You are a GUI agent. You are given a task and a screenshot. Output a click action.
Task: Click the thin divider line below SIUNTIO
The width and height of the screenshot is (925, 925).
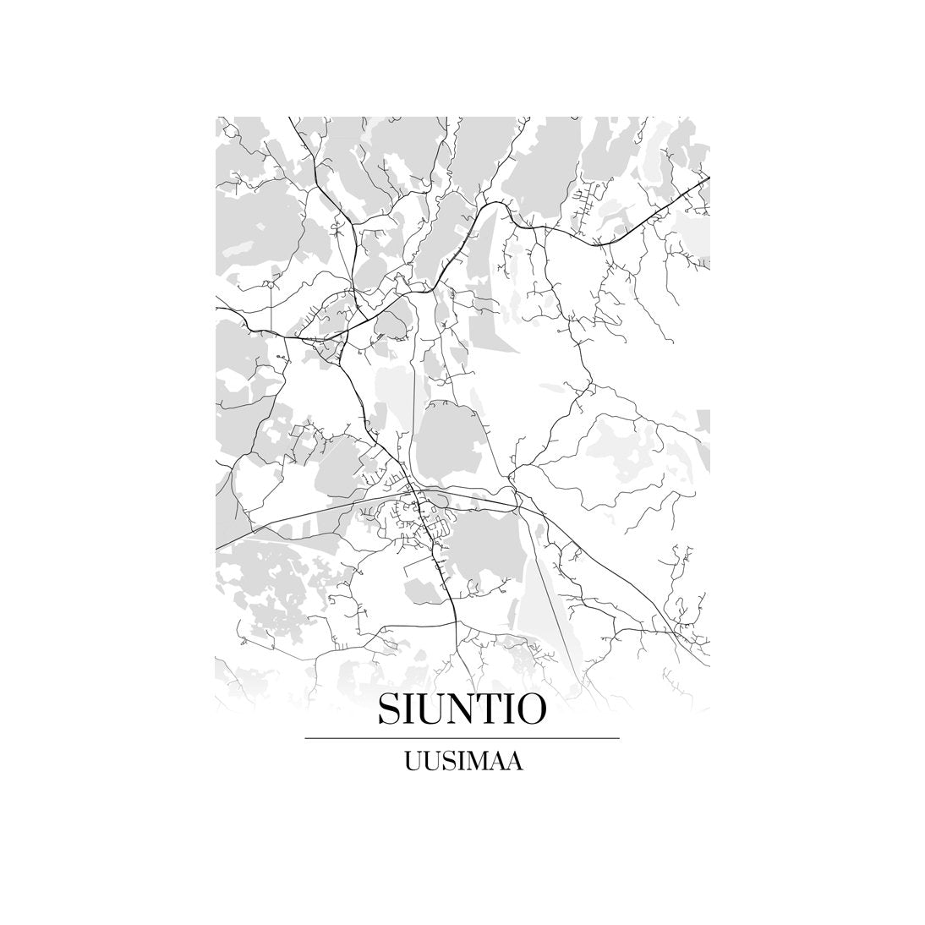tap(462, 738)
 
